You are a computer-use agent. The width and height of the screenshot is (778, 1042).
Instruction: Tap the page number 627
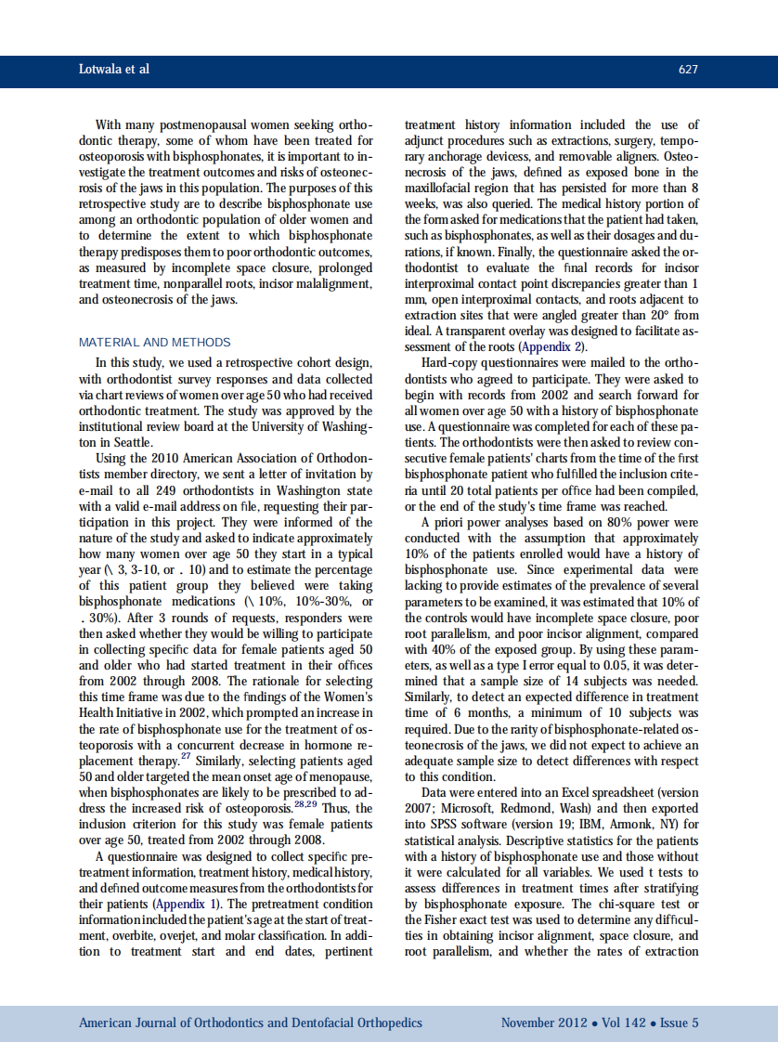[688, 70]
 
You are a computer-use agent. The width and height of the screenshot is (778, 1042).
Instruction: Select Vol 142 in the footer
[625, 1022]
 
